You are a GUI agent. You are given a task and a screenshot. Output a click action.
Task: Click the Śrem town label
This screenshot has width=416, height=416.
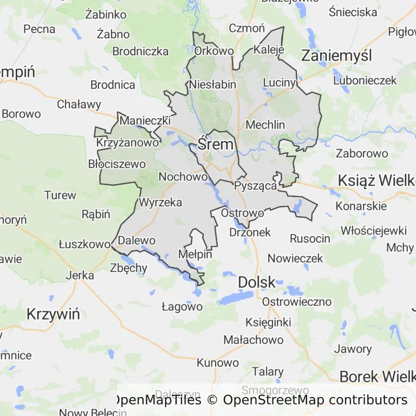(216, 145)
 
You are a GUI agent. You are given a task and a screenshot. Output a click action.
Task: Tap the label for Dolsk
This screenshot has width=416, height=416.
(257, 282)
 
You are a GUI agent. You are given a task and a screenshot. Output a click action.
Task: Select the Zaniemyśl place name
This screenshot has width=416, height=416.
(336, 56)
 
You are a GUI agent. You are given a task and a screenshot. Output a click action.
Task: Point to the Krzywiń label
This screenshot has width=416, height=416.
(53, 314)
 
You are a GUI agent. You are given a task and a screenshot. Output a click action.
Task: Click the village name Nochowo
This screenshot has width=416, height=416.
(183, 177)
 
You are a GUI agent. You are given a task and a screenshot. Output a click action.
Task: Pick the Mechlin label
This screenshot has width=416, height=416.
(265, 125)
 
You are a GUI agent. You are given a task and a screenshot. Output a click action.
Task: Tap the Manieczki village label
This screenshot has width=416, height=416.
(145, 120)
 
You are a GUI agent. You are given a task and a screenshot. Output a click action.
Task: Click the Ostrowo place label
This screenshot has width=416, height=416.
(243, 213)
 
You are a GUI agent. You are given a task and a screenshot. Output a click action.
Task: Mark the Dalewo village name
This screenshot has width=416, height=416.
(136, 240)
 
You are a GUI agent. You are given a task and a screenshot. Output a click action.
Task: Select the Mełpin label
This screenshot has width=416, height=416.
(195, 255)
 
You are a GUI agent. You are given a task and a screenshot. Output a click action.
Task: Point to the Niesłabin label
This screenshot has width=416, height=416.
(213, 84)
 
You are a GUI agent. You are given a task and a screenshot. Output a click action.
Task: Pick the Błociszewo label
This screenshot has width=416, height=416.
(117, 164)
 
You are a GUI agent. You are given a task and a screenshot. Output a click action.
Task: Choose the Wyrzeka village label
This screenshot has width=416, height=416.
(160, 203)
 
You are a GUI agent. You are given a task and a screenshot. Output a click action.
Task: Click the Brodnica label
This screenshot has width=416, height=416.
(113, 84)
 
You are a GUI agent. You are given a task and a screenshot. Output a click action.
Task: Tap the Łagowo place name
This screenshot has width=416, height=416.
(182, 307)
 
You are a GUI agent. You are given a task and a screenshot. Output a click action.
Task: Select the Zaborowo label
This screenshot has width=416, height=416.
(362, 153)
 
